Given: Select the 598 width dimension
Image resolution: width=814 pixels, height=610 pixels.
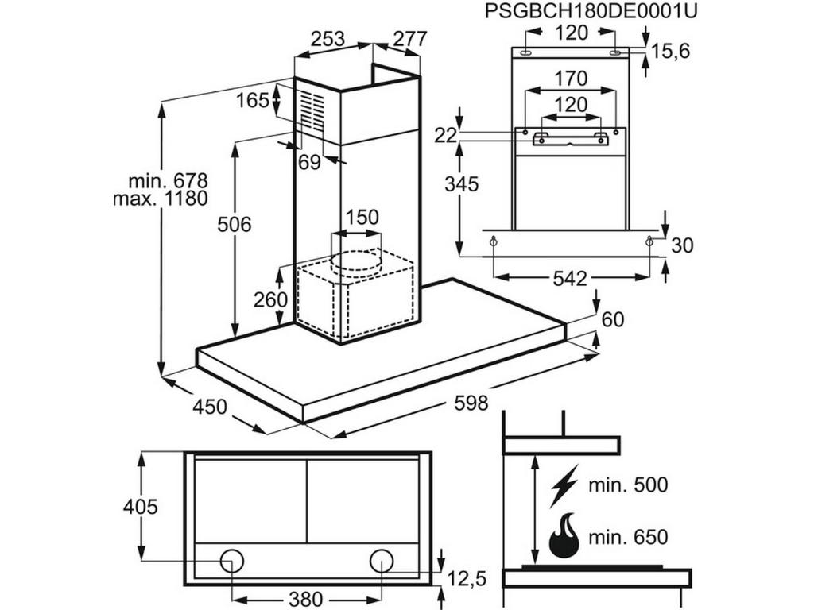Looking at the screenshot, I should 471,403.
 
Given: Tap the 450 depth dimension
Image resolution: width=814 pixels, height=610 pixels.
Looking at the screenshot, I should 211,407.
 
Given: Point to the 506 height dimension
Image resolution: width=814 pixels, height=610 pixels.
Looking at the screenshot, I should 234,225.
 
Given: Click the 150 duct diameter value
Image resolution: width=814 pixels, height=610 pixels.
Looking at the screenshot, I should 362,217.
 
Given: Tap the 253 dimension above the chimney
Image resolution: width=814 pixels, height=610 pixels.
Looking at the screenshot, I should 328,38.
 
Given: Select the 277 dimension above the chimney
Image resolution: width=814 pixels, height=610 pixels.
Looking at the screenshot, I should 410,38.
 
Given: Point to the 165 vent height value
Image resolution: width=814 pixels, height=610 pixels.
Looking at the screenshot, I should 252,101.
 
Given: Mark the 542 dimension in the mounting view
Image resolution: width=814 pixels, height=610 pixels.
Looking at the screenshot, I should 569,279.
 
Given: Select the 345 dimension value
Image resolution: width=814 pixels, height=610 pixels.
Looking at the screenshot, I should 462,184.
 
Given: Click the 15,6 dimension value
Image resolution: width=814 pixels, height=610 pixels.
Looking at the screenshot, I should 670,52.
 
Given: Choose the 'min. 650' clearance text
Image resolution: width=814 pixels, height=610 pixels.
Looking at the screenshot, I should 628,537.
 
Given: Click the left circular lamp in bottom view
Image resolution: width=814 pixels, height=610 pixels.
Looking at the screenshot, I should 232,560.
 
